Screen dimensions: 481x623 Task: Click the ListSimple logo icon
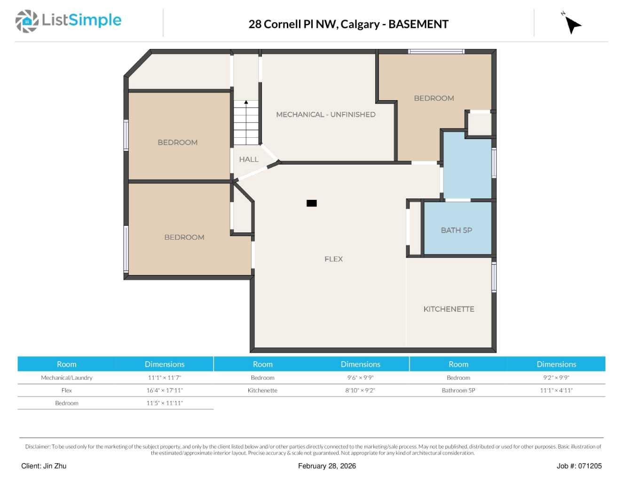pos(27,21)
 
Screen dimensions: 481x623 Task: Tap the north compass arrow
pos(572,24)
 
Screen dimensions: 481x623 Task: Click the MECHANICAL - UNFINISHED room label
pos(325,114)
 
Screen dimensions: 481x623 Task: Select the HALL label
pos(249,159)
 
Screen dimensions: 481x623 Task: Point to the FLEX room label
pos(333,259)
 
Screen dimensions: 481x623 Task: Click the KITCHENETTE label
pos(449,309)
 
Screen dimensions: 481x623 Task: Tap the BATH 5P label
pos(456,230)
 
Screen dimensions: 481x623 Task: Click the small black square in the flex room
pos(311,203)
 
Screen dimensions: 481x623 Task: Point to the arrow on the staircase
pos(246,103)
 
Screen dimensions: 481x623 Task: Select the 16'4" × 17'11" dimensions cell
pos(165,390)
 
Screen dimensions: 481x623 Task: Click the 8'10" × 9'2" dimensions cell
pos(360,390)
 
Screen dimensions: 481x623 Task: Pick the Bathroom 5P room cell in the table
pos(458,390)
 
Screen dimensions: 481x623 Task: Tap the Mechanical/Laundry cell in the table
pos(67,378)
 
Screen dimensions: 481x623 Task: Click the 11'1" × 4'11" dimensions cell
pos(556,390)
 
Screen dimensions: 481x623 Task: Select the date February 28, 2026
pos(327,466)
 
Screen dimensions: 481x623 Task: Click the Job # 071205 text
pos(579,466)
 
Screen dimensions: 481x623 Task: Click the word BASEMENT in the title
pos(418,24)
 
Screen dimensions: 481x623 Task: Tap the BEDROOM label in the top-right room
pos(434,98)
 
